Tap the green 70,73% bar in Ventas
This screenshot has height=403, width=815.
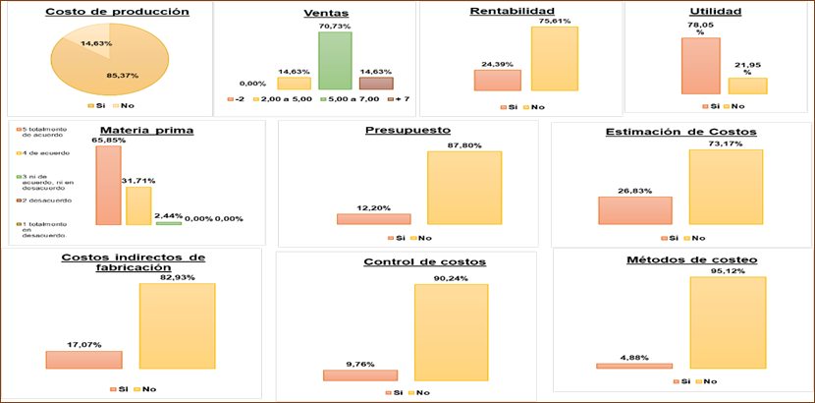click(x=335, y=60)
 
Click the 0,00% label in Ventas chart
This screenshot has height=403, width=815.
click(x=252, y=83)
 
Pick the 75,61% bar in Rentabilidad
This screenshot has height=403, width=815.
click(x=555, y=58)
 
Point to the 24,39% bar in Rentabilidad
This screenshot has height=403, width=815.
click(x=497, y=80)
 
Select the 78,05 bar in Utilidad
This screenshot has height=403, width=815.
click(x=700, y=65)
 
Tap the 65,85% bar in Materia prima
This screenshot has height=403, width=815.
click(x=109, y=185)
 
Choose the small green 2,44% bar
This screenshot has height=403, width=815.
click(x=168, y=223)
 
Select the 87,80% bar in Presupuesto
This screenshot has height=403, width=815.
click(x=463, y=187)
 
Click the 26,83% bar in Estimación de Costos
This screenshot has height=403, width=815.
click(x=635, y=210)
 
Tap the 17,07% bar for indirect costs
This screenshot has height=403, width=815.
click(x=83, y=360)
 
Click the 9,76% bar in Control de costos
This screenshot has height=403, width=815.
click(x=360, y=374)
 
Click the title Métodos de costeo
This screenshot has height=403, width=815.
click(x=678, y=260)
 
